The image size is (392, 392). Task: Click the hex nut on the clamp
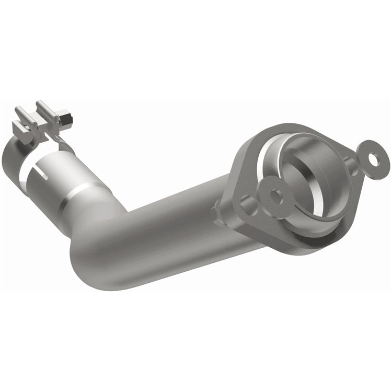tap(65, 121)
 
